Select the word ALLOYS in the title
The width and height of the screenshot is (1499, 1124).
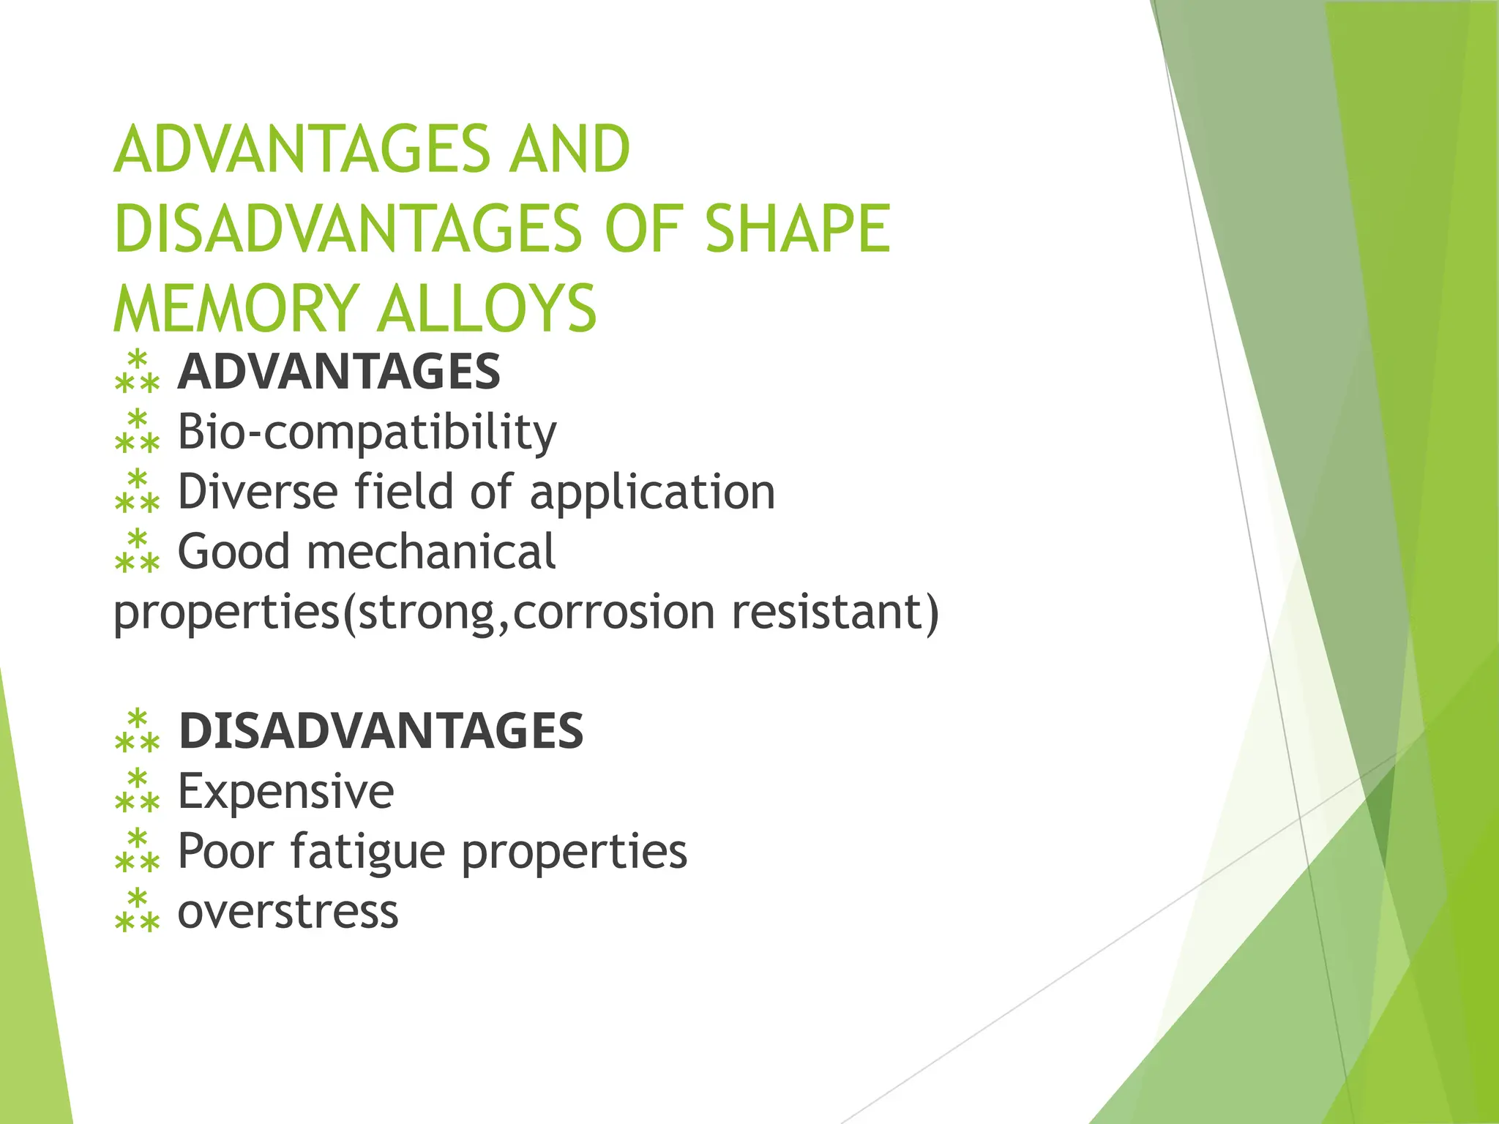486,309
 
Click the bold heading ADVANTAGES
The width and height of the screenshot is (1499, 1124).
339,372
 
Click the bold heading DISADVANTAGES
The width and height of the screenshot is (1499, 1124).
381,731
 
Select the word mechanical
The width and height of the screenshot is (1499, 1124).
431,552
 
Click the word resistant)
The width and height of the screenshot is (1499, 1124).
835,612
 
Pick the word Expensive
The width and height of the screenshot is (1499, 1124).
285,792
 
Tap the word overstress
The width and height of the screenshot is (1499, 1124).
288,913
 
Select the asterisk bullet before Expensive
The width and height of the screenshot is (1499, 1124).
137,790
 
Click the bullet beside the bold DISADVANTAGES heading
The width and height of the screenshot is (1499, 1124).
137,730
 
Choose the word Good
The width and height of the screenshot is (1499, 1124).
233,552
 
